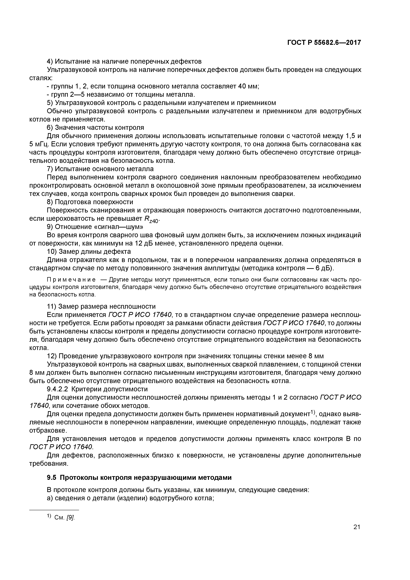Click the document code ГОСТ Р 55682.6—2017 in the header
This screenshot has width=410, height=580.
324,43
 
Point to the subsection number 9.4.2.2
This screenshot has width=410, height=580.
58,389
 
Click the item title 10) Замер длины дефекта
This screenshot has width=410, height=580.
89,252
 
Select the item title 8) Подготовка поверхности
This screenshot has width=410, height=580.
90,202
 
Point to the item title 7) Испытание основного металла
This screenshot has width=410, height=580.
100,169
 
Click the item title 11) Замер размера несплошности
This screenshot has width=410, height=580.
101,306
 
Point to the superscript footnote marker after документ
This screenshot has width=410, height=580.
313,412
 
